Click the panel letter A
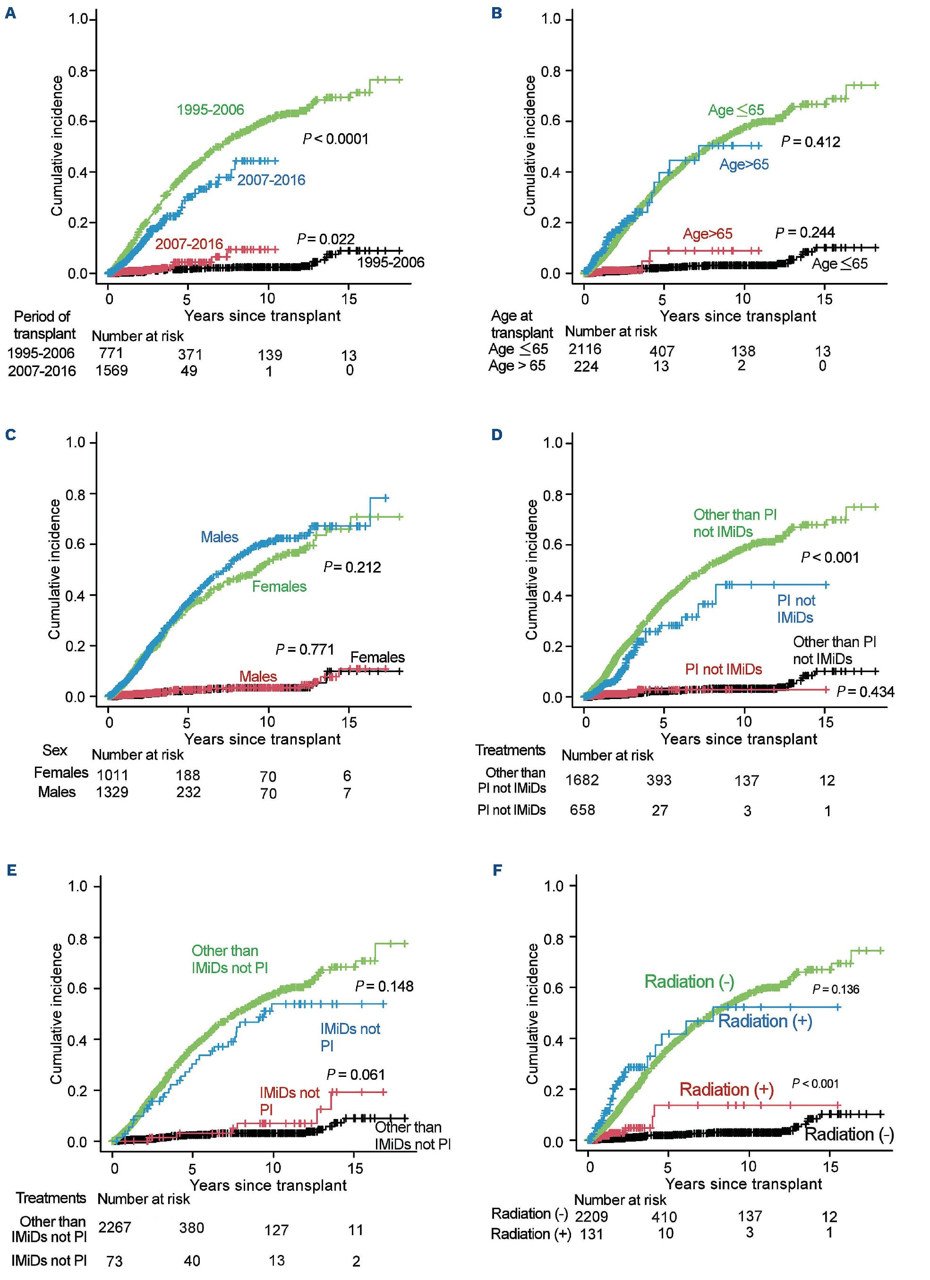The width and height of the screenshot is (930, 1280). (10, 13)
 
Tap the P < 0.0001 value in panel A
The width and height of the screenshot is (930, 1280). (335, 139)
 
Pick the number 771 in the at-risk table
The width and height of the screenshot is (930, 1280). (111, 353)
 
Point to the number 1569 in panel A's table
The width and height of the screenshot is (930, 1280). (111, 370)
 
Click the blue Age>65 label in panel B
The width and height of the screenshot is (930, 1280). (744, 164)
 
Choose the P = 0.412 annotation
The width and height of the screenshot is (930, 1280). (811, 142)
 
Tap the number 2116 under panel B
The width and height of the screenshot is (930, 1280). (585, 349)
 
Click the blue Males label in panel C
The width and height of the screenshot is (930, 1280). (220, 537)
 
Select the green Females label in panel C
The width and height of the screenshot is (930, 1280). (279, 586)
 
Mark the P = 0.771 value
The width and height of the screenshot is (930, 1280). (305, 649)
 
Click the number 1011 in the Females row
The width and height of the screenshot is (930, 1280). (112, 775)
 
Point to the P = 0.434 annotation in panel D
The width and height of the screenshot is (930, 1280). (865, 691)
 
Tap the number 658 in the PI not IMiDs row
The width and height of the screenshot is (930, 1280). (582, 810)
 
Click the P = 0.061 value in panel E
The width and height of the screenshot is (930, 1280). (356, 1075)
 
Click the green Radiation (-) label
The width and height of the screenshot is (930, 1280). (689, 981)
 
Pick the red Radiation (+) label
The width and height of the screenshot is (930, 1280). (726, 1089)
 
